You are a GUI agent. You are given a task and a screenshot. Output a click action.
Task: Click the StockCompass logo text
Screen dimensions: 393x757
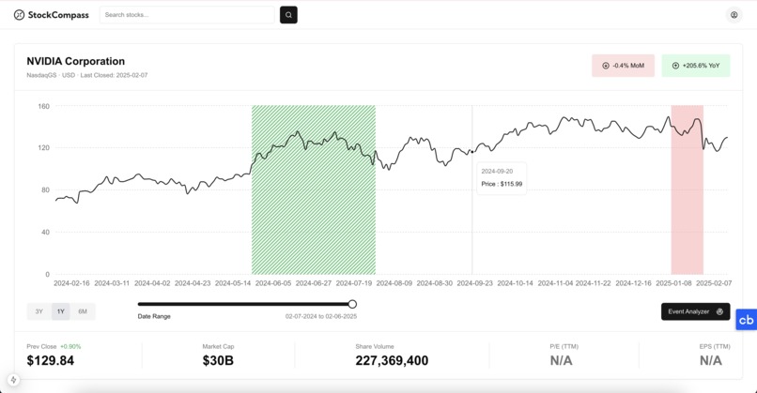pos(58,15)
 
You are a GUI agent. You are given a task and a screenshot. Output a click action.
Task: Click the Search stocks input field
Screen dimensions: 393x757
pos(187,15)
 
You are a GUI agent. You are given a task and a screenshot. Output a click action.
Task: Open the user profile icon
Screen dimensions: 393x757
pos(734,15)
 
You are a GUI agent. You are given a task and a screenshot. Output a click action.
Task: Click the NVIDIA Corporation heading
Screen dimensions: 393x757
pos(75,61)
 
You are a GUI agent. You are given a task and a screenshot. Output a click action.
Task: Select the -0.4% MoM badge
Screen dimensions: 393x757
pos(623,66)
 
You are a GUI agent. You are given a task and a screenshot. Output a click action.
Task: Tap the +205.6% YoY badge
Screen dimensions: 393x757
pos(695,66)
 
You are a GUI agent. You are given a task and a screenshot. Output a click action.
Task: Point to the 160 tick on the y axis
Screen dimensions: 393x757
pos(43,106)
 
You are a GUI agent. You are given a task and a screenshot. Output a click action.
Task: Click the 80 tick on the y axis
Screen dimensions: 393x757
pos(45,190)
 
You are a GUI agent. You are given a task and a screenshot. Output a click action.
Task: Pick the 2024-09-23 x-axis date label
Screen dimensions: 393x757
pos(474,282)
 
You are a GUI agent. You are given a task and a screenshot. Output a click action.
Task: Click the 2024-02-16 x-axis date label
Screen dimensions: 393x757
pos(71,282)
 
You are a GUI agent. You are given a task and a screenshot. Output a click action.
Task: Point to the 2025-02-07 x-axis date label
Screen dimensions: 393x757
pos(713,282)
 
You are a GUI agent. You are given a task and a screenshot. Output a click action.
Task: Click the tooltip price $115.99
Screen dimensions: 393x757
pos(502,184)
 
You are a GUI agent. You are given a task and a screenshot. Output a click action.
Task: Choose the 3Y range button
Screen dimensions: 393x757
pos(39,311)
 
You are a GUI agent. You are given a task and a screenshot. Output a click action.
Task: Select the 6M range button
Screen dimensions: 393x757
pos(83,311)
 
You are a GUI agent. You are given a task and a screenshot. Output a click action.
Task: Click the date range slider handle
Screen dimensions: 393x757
pos(352,304)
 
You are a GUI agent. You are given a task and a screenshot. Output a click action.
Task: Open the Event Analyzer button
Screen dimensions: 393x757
pos(695,311)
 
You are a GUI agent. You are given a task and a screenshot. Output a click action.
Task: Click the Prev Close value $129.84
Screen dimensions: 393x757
pos(51,361)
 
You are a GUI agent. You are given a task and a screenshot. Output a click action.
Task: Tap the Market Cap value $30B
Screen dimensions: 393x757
pos(218,361)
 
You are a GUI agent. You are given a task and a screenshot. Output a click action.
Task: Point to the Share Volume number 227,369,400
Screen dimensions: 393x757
pos(392,361)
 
